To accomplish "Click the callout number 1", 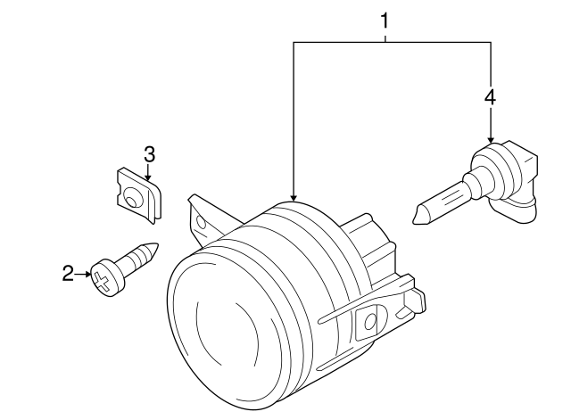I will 385,19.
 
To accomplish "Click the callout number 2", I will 68,274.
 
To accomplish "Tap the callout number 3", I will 149,154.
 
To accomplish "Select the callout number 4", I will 490,97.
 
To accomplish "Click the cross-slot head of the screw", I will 104,278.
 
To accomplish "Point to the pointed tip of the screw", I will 157,246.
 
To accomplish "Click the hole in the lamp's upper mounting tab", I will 203,219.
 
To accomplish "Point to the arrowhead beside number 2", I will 87,275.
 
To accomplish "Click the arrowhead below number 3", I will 149,177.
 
